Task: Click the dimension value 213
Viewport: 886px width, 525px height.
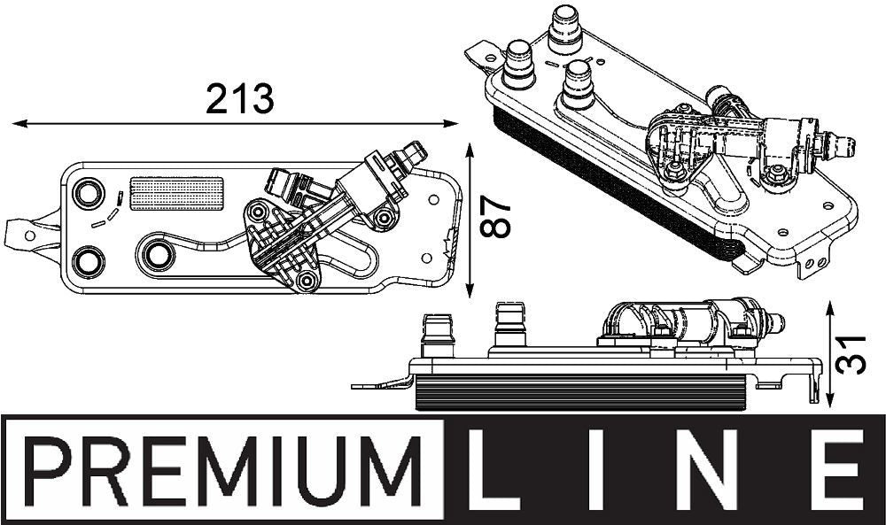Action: (239, 98)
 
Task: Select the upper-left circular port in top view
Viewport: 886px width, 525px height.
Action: (87, 192)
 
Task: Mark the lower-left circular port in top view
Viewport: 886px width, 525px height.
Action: (87, 259)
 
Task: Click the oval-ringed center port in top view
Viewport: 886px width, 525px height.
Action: (158, 255)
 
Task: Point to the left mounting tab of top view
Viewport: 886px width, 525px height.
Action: (27, 234)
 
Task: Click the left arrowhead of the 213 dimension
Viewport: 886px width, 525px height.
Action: (16, 124)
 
